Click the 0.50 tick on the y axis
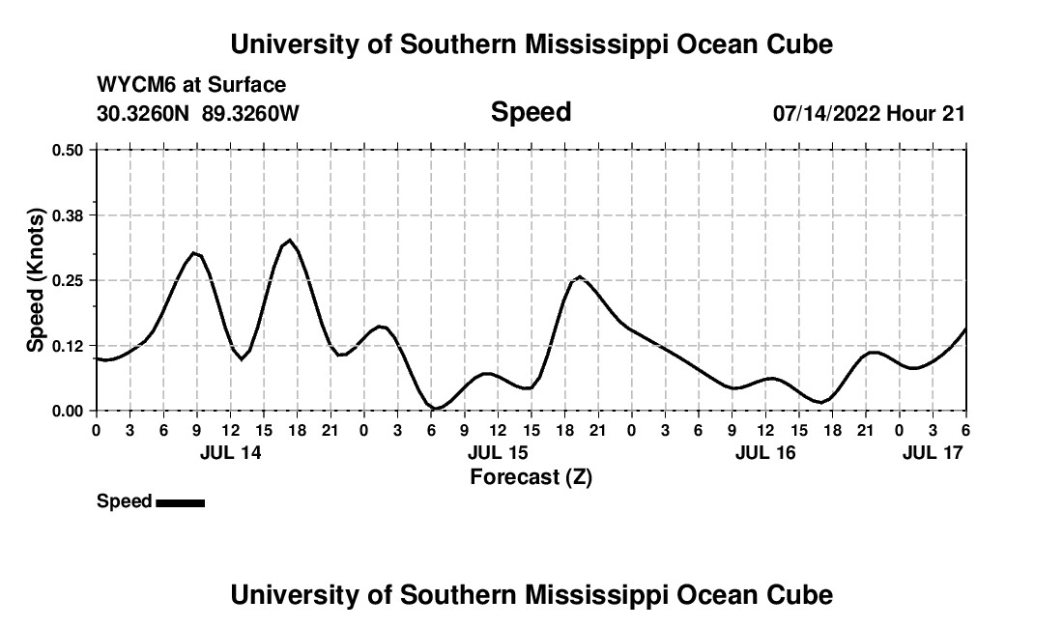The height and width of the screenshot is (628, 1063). (70, 150)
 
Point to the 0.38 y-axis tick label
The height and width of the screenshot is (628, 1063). (70, 214)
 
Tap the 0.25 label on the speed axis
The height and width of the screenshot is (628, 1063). (70, 280)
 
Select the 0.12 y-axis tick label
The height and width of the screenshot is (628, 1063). (70, 345)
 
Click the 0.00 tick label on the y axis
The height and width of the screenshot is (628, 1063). (70, 411)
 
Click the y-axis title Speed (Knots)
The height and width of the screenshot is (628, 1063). (36, 280)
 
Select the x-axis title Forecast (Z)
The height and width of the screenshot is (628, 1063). (531, 476)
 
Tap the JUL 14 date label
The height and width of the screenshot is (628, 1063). (231, 452)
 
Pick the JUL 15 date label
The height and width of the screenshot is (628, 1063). (498, 452)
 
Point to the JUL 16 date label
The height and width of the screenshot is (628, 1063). (765, 452)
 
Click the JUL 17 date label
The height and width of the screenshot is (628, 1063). (933, 452)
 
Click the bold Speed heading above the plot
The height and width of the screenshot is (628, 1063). (531, 112)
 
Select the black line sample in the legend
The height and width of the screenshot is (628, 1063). (180, 502)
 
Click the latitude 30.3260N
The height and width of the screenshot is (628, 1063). (145, 113)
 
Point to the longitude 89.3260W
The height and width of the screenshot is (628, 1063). (250, 113)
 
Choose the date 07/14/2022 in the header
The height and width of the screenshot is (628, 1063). (826, 113)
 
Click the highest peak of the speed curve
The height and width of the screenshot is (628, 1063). (289, 240)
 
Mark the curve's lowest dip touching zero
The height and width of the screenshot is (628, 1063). (437, 408)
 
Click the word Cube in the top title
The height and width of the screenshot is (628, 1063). (798, 44)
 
